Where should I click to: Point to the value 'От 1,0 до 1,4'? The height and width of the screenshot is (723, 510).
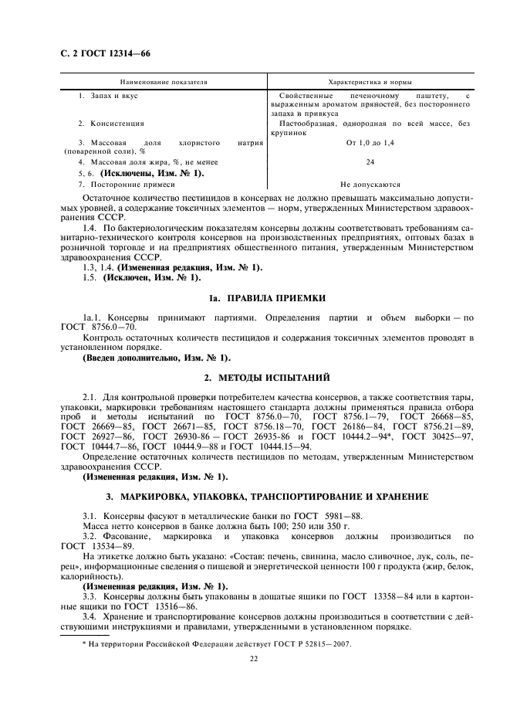point(370,143)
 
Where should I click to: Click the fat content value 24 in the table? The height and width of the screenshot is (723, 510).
point(370,162)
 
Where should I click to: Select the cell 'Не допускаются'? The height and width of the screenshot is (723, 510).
point(370,185)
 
